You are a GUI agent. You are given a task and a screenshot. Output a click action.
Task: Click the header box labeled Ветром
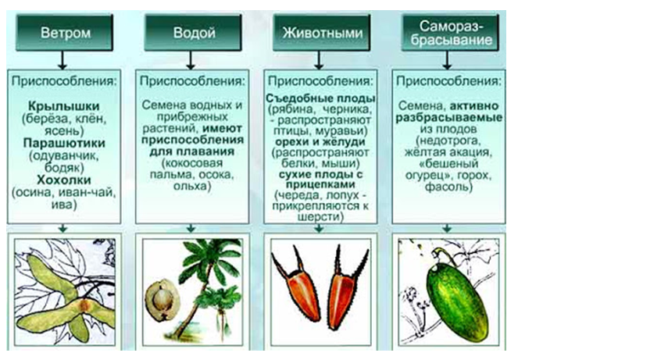pyautogui.click(x=64, y=33)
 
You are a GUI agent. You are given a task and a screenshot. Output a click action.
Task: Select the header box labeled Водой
pyautogui.click(x=193, y=33)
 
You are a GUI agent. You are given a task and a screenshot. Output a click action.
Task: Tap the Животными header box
pyautogui.click(x=322, y=33)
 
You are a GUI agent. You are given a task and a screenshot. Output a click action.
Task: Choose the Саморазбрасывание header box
pyautogui.click(x=450, y=33)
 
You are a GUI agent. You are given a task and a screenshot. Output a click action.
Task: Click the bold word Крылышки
pyautogui.click(x=63, y=106)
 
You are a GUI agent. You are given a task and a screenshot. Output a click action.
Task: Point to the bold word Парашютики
pyautogui.click(x=64, y=143)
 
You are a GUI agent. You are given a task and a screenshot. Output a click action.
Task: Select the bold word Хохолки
pyautogui.click(x=64, y=180)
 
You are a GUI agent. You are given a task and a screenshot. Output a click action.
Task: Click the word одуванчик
pyautogui.click(x=65, y=155)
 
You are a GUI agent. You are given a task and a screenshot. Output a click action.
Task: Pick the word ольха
pyautogui.click(x=190, y=187)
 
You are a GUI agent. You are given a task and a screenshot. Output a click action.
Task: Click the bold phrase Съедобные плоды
pyautogui.click(x=320, y=98)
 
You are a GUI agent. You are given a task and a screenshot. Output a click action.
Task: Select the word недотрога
pyautogui.click(x=449, y=141)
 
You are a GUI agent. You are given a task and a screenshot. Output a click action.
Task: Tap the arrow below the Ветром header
pyautogui.click(x=63, y=60)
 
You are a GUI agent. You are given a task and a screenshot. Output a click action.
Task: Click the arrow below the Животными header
pyautogui.click(x=319, y=60)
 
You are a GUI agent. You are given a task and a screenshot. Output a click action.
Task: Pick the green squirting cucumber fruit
pyautogui.click(x=457, y=300)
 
